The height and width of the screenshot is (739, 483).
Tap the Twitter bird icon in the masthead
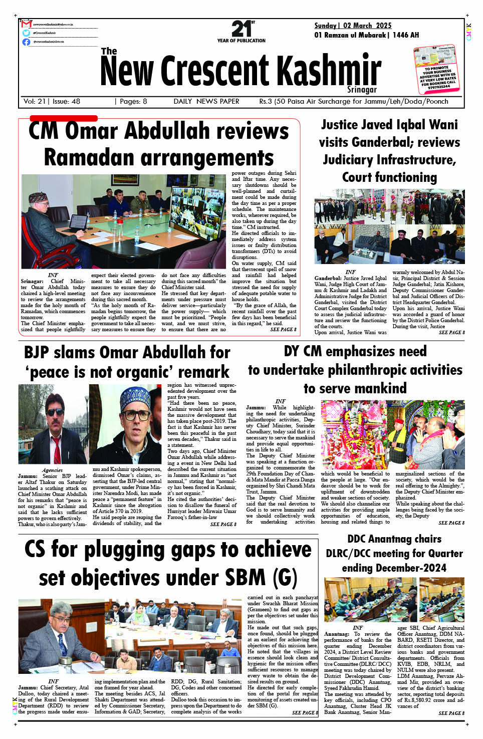coord(26,33)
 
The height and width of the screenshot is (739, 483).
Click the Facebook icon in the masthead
coord(26,42)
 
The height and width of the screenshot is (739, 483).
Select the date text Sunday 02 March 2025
coord(353,26)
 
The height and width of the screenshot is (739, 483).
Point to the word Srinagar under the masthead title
coord(362,90)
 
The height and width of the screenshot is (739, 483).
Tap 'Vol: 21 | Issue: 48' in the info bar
coord(52,101)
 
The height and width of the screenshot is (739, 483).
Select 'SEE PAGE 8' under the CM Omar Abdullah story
coord(283,330)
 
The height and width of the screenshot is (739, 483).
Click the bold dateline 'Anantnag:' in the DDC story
coord(337,634)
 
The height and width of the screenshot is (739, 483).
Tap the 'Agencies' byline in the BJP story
coord(52,470)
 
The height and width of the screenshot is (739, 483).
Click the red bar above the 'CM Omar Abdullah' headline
coord(64,118)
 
